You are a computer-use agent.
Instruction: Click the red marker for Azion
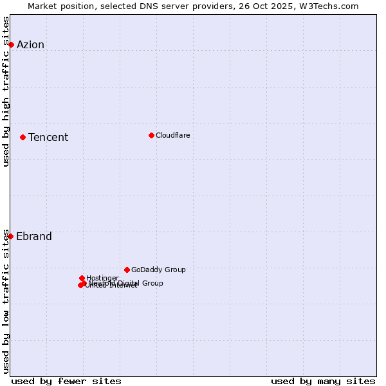click(x=11, y=44)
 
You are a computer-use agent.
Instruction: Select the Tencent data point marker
click(x=23, y=137)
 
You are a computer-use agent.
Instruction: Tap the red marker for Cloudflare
click(x=151, y=135)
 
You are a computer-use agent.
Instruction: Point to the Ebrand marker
click(x=10, y=236)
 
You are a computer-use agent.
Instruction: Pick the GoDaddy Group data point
click(x=127, y=270)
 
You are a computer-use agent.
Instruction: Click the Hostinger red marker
click(x=82, y=278)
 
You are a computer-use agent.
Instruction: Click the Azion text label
click(x=30, y=44)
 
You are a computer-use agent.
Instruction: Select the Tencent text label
click(x=48, y=137)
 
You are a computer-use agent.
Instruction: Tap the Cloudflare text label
click(x=172, y=135)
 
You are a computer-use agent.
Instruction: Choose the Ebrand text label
click(x=34, y=236)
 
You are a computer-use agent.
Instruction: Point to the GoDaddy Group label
click(x=158, y=270)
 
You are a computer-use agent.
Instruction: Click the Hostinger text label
click(x=102, y=278)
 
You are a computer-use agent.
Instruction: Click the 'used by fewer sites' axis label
click(x=66, y=381)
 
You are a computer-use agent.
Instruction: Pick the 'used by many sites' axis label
click(x=323, y=381)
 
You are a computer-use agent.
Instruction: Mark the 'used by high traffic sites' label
click(x=6, y=91)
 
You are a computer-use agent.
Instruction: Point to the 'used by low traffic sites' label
click(x=6, y=301)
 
